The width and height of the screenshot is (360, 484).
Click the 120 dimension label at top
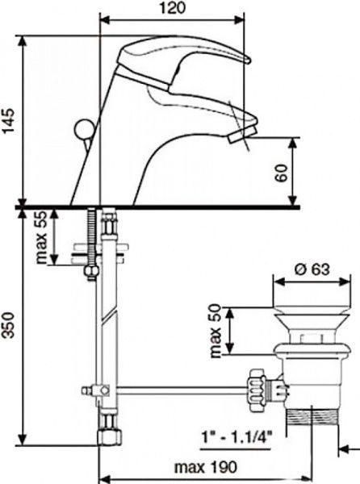pyautogui.click(x=173, y=7)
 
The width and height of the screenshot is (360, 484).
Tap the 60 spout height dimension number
pyautogui.click(x=282, y=173)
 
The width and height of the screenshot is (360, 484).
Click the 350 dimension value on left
pyautogui.click(x=9, y=325)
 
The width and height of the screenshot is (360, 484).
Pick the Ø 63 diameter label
pyautogui.click(x=312, y=269)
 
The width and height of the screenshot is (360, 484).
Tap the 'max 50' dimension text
pyautogui.click(x=216, y=332)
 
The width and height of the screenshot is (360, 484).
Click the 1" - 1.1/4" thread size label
pyautogui.click(x=237, y=437)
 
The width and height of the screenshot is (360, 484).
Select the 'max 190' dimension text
pyautogui.click(x=206, y=467)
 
